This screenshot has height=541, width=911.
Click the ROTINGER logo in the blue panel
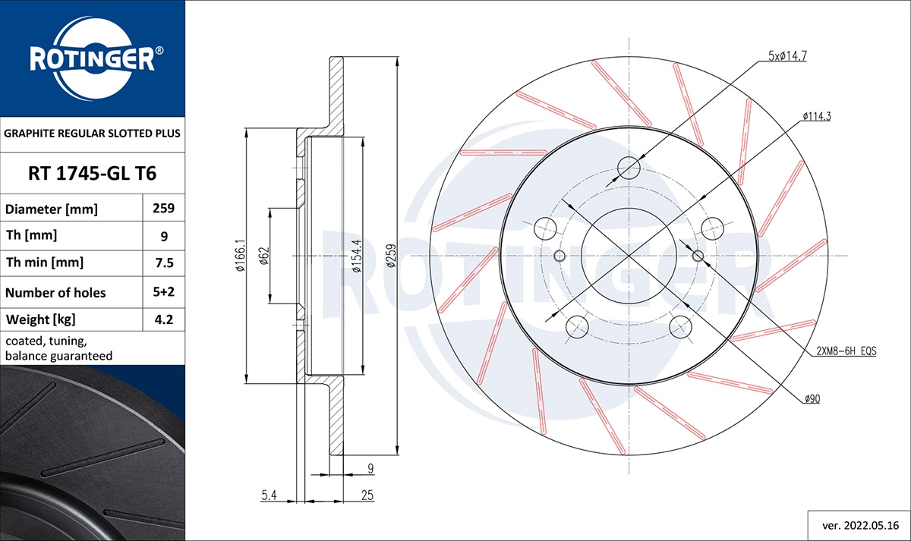(x=93, y=58)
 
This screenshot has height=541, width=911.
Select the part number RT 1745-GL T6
(x=92, y=173)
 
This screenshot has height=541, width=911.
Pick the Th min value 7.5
(x=164, y=263)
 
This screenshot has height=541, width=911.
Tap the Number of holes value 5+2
(x=164, y=292)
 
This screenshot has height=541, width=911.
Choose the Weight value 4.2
(x=164, y=319)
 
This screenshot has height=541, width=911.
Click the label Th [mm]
(x=31, y=235)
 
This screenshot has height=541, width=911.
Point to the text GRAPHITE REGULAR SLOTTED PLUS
(x=92, y=133)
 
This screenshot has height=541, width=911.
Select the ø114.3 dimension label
(x=816, y=116)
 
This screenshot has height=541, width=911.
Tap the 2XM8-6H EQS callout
(x=846, y=350)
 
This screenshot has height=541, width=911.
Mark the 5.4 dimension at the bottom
(x=268, y=495)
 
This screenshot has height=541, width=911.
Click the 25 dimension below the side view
(x=367, y=495)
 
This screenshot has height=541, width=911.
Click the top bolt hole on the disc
(x=629, y=167)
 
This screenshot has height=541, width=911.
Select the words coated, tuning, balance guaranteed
(x=59, y=348)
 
